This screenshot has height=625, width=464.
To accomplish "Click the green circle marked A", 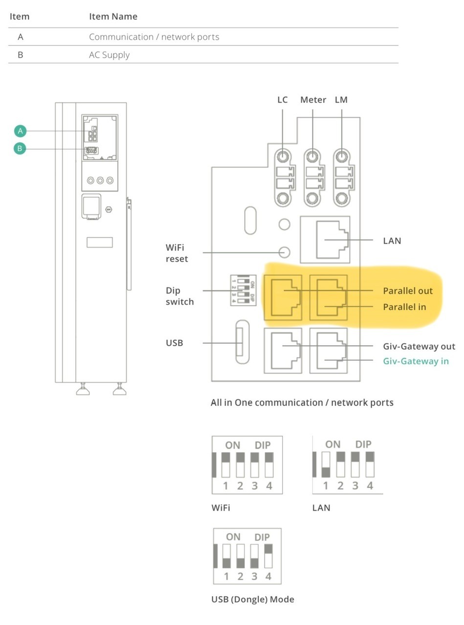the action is tap(20, 131).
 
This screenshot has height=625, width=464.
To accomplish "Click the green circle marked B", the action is tap(20, 148).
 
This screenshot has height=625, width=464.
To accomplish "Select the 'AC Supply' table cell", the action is tap(109, 55).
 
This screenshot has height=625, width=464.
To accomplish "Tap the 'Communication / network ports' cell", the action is tap(154, 37).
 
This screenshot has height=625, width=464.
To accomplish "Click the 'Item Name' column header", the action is tap(113, 16).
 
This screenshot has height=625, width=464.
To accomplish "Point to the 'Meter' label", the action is tap(313, 100).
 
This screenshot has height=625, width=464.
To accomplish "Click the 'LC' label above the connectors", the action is tap(283, 100).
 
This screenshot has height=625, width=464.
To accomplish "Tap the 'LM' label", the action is tap(341, 100).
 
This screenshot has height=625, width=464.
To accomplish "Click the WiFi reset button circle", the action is tap(284, 252).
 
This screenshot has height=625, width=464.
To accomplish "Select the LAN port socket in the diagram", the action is tap(325, 240).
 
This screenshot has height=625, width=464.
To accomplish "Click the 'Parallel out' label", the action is tap(408, 291).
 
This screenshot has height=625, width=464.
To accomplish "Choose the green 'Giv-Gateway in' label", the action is tap(416, 361).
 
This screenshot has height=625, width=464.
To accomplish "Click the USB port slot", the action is tap(243, 342).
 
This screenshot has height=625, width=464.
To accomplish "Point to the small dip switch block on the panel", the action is tap(243, 290).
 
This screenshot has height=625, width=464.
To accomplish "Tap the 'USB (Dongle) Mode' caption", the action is tap(253, 599).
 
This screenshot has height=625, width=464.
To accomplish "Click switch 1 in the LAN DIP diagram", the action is tap(326, 465).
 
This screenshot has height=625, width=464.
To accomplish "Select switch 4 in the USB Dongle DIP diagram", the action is tap(268, 556).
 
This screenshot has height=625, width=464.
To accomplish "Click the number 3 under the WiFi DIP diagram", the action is tap(255, 486).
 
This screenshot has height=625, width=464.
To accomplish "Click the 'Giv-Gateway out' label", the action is tap(419, 346).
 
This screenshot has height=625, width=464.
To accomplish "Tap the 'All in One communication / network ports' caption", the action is tap(302, 402).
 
